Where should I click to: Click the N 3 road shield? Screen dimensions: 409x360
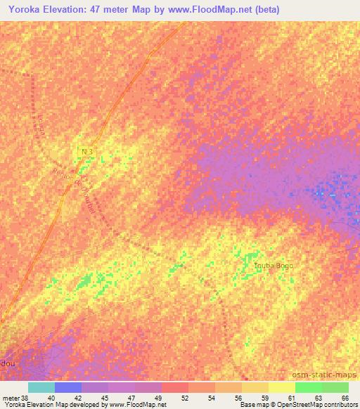pos(86,151)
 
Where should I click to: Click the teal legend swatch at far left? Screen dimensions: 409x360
pos(41,387)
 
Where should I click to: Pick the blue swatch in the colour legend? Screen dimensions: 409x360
pos(67,387)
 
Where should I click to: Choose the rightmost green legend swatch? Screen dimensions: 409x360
pos(335,387)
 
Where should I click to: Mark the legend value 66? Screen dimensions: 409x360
pos(345,398)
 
